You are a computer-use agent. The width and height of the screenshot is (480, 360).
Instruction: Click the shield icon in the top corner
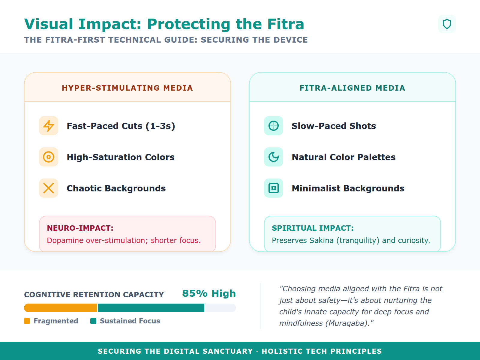[447, 24]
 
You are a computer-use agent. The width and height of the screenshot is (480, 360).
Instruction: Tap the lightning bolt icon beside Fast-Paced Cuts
[49, 126]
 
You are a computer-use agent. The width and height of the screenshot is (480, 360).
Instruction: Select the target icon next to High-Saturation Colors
[49, 157]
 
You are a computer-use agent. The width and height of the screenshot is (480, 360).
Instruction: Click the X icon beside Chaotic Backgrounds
[49, 188]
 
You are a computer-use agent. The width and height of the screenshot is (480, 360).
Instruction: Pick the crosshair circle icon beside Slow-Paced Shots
[273, 126]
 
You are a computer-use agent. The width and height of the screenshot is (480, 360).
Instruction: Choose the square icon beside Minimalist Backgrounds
[273, 188]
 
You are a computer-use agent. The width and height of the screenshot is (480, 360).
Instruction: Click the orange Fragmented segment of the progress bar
[60, 308]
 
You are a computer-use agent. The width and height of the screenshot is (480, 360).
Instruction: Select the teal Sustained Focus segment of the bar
[151, 308]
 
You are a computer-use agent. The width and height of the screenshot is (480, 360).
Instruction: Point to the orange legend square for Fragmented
[27, 321]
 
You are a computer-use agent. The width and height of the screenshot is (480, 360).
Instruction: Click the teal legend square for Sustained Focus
[93, 321]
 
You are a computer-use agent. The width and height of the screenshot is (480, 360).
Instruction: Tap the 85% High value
[209, 293]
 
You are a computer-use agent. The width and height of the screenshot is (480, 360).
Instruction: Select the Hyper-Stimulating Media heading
[127, 88]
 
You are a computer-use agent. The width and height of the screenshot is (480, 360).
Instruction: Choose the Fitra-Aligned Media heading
[352, 88]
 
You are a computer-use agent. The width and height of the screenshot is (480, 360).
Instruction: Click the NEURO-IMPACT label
[80, 228]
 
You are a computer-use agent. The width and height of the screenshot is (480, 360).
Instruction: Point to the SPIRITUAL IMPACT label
[313, 228]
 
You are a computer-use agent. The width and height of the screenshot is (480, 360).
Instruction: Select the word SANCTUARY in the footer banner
[228, 351]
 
